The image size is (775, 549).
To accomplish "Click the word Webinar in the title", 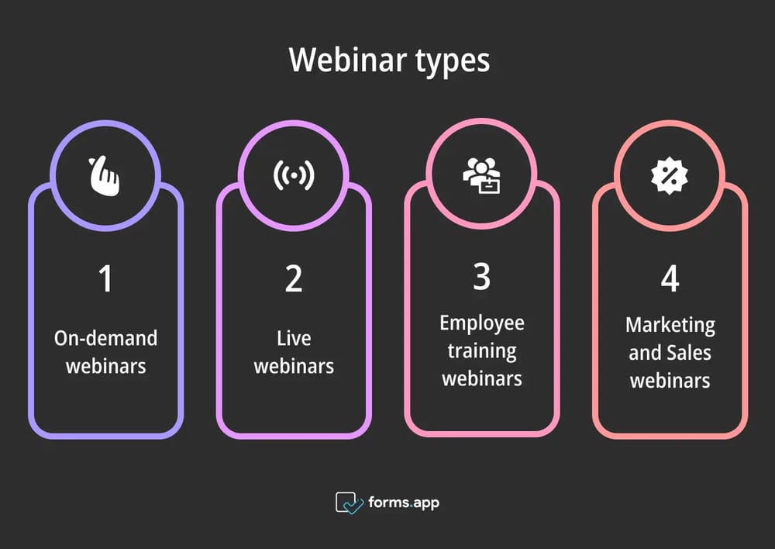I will point(341,60).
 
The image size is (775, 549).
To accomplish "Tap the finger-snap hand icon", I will point(105,176).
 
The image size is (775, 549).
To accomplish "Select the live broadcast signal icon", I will point(294,176).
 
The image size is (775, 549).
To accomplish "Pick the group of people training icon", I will point(481,176).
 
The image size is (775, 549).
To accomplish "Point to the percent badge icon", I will point(669,176).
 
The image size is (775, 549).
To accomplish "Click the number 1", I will point(105,279).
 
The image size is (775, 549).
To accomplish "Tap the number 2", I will point(294,279).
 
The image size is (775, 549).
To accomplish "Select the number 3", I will point(481,277).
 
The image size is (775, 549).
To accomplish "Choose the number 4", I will point(670,279).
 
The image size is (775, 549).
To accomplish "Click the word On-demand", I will point(105,338).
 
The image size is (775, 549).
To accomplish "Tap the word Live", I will point(294,338).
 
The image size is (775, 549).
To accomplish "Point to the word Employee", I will point(481,323).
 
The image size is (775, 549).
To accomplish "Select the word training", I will point(481,350).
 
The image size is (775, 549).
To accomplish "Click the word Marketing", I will point(670,324).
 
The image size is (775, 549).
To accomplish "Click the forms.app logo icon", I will point(350,502).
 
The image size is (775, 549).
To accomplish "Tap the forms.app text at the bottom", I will point(404,502).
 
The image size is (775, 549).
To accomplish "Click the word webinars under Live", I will point(294,365).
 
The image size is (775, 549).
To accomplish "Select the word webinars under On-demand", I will point(105,365).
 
